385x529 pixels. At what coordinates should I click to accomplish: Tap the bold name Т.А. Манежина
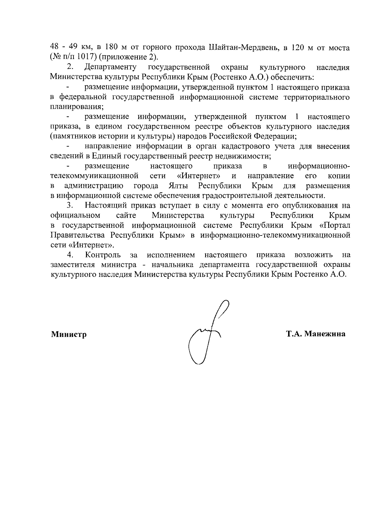coord(316,334)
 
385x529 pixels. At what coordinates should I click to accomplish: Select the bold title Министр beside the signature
coord(69,335)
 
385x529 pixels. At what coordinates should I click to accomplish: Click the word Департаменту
coord(110,67)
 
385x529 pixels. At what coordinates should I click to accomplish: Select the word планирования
coord(76,107)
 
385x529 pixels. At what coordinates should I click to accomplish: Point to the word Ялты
coord(178,186)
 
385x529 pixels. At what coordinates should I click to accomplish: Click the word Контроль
coord(103,255)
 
